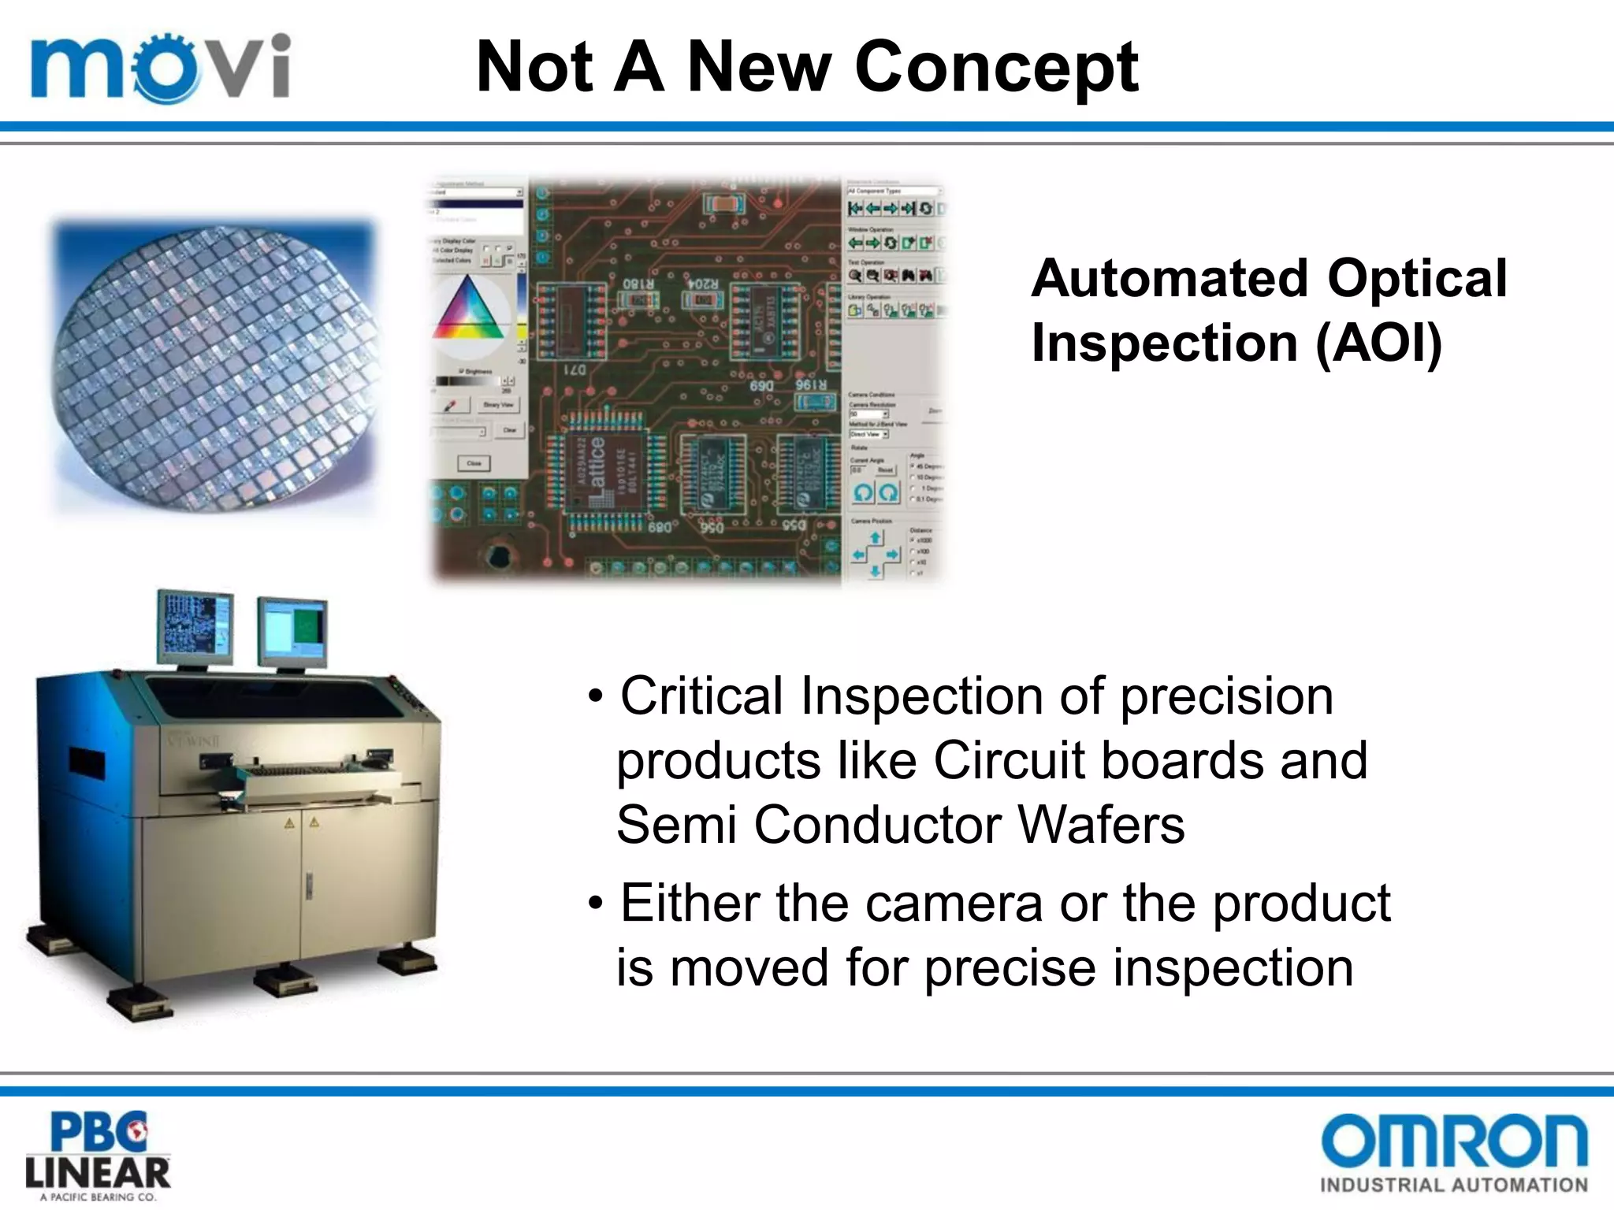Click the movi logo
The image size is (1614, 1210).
161,67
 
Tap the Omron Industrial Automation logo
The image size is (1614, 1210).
1454,1152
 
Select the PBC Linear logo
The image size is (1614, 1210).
98,1156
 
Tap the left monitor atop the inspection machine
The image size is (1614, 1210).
195,626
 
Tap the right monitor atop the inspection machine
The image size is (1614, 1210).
292,632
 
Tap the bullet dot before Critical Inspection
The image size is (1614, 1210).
597,698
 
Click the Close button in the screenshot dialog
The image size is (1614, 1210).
474,463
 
